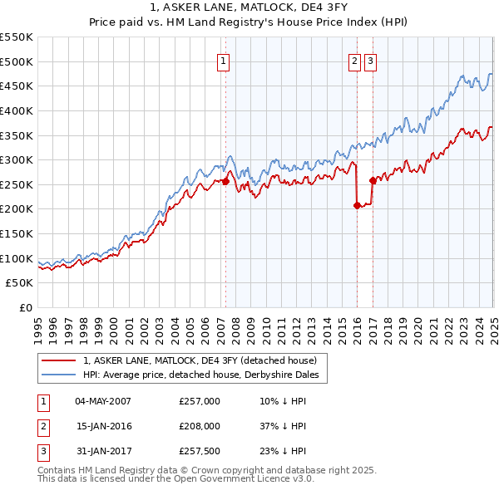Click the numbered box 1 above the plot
click(x=225, y=61)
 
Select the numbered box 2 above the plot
click(x=354, y=61)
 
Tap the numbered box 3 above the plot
click(x=370, y=61)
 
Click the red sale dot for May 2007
click(x=225, y=181)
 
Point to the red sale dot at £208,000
click(x=358, y=205)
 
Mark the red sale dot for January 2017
click(x=373, y=180)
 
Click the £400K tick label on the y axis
click(x=16, y=110)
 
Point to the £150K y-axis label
click(x=16, y=234)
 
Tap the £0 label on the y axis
click(x=25, y=308)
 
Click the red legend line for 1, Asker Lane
click(x=59, y=361)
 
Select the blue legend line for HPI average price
click(x=59, y=375)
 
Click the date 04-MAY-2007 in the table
click(x=103, y=401)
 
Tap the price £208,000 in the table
click(x=200, y=426)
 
